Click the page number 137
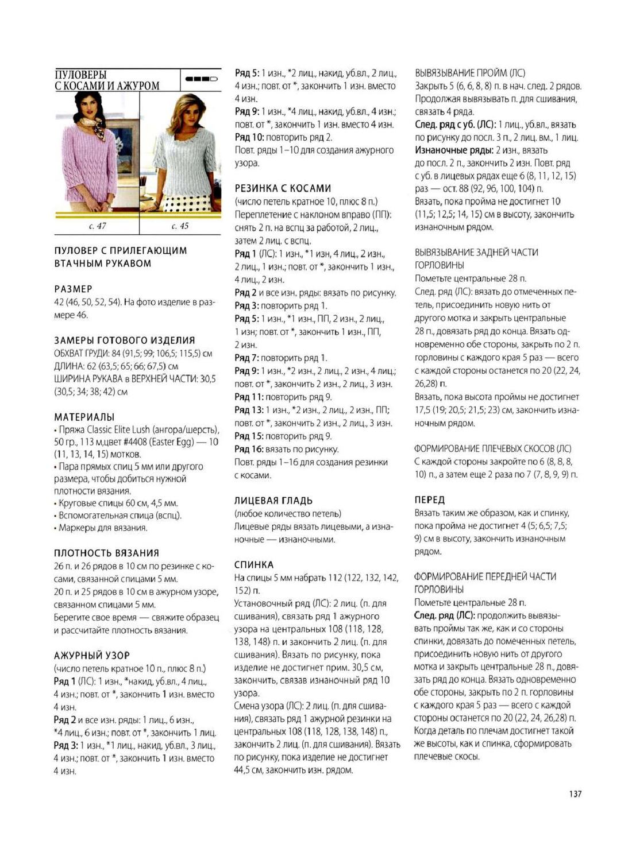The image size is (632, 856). click(x=575, y=793)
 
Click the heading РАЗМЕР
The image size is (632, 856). click(x=73, y=289)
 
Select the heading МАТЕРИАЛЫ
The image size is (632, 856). click(x=84, y=417)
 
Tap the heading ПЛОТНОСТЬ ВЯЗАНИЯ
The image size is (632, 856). click(x=106, y=553)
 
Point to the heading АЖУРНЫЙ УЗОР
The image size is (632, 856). click(x=92, y=655)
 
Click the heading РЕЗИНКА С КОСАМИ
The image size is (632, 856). click(x=283, y=188)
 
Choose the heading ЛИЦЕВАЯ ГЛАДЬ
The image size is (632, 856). click(x=273, y=501)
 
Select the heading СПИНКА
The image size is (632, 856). click(x=254, y=564)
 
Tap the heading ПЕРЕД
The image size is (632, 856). click(x=430, y=500)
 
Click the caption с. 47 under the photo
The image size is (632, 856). click(x=97, y=226)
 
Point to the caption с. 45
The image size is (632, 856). click(x=180, y=226)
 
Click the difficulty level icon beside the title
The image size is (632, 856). click(x=201, y=79)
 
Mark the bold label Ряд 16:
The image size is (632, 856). click(x=249, y=449)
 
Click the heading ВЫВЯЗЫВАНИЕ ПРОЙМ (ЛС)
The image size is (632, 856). click(x=469, y=73)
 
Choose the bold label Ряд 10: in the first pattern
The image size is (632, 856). click(x=249, y=137)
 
